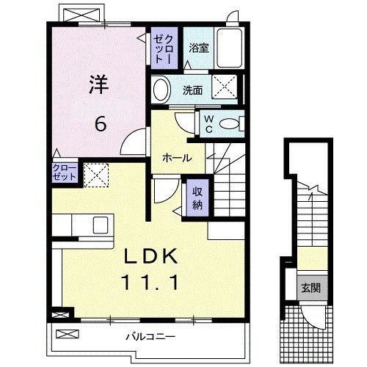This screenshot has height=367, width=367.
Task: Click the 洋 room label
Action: [x=99, y=84]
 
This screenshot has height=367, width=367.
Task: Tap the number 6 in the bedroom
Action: [x=101, y=123]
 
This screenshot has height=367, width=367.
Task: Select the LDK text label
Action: [x=150, y=255]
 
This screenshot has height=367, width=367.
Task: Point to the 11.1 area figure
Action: [x=150, y=282]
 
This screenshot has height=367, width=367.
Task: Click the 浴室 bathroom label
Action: [x=199, y=48]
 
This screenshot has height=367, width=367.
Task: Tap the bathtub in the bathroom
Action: [x=230, y=48]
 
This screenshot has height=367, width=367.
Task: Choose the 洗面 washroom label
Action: [x=193, y=90]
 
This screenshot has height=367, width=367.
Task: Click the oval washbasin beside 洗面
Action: [x=161, y=90]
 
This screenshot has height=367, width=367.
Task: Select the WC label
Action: [x=208, y=124]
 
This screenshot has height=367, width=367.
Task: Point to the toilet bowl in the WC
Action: [x=229, y=124]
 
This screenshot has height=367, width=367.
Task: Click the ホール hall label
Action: [x=177, y=158]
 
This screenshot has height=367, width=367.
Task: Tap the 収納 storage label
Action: [x=197, y=198]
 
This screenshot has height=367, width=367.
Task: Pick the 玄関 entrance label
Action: [x=310, y=288]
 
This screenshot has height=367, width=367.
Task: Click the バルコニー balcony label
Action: [x=150, y=337]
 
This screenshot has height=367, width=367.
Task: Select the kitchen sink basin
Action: [x=101, y=225]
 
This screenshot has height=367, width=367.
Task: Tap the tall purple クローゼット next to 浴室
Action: [x=164, y=48]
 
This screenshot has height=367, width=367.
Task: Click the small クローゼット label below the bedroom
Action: [x=65, y=172]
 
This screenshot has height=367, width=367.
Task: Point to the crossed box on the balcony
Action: [x=68, y=334]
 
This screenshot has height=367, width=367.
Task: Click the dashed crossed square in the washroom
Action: [x=225, y=87]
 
